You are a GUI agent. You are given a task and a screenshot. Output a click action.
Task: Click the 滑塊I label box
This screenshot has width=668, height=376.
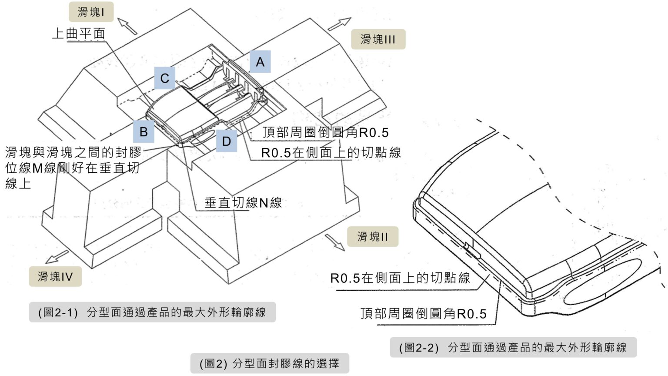91,12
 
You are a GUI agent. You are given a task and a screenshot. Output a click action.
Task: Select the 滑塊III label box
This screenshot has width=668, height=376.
378,39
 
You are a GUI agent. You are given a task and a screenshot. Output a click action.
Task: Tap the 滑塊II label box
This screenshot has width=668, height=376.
372,237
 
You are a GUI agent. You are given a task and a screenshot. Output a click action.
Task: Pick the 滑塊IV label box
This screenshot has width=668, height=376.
55,276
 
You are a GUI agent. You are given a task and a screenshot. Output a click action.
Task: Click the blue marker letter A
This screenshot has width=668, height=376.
260,62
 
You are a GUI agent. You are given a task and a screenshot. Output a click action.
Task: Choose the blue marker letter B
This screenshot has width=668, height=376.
144,131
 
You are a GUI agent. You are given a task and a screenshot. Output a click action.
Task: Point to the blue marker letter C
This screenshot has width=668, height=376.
164,78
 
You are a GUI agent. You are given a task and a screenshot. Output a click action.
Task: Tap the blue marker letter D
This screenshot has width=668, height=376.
226,141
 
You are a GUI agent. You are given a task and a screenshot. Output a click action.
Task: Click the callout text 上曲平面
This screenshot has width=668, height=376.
78,34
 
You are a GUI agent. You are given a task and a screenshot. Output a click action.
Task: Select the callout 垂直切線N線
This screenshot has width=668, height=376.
243,202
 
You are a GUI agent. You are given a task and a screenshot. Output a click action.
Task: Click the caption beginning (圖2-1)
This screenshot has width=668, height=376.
152,312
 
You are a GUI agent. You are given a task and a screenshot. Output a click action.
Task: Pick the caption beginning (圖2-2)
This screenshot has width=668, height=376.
513,347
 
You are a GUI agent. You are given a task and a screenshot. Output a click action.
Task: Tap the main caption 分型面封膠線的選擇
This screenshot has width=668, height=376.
270,363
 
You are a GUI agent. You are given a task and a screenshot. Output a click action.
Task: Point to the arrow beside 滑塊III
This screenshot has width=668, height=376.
340,23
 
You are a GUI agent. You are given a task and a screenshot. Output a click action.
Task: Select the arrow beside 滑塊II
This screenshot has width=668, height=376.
334,242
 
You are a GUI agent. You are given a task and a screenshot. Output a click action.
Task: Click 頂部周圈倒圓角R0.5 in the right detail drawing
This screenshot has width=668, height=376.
423,313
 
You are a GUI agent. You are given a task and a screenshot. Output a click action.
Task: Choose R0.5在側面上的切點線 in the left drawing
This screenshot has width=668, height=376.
331,152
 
